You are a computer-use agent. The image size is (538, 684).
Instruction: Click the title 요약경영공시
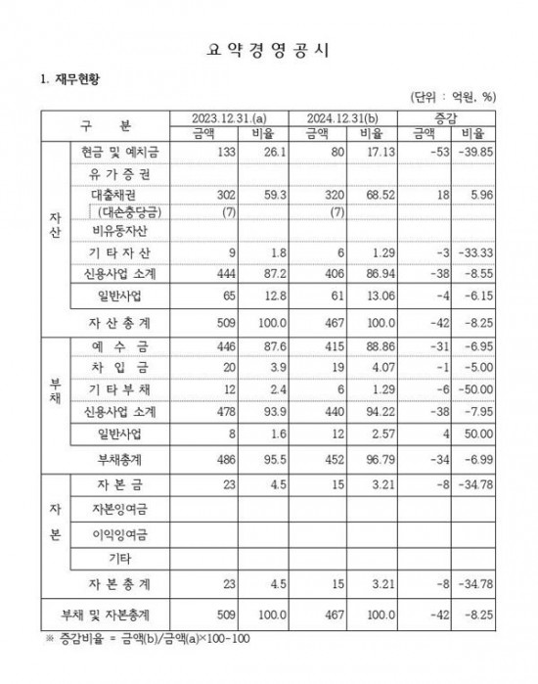(269, 46)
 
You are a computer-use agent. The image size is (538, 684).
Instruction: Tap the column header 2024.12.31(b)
(350, 117)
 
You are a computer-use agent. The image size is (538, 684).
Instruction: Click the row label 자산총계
(114, 320)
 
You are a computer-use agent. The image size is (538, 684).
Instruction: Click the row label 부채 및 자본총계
(114, 612)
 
